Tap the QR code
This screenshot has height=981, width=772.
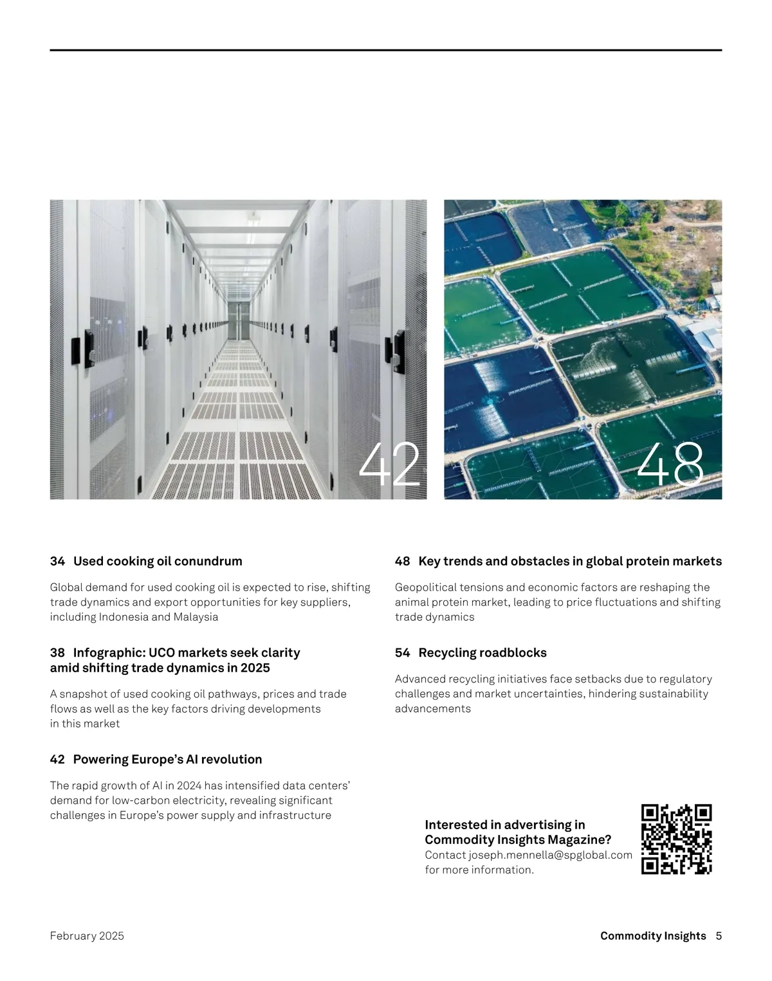(677, 839)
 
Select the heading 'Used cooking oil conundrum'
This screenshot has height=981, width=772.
(158, 561)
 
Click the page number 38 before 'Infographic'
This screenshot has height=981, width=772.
(57, 652)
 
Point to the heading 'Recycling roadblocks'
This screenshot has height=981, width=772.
(482, 652)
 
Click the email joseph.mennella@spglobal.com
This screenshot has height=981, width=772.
(550, 855)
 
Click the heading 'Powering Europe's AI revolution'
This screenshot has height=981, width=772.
(167, 759)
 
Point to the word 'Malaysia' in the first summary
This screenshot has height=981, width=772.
(196, 617)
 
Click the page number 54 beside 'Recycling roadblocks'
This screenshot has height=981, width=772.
(402, 652)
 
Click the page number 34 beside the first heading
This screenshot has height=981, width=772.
(57, 561)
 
